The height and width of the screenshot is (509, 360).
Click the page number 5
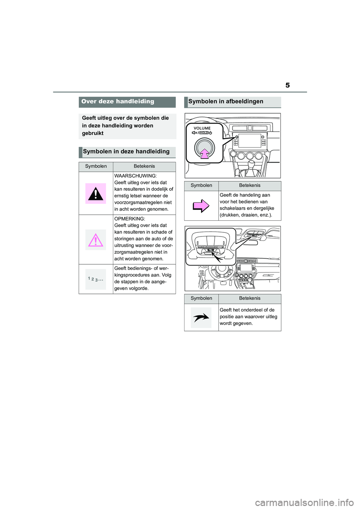pyautogui.click(x=287, y=85)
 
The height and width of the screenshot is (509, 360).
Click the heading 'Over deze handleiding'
pyautogui.click(x=118, y=102)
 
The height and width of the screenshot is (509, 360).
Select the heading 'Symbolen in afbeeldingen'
pyautogui.click(x=226, y=102)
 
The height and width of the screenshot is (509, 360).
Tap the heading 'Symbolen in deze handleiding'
pyautogui.click(x=126, y=152)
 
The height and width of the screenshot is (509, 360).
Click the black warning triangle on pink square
pyautogui.click(x=96, y=193)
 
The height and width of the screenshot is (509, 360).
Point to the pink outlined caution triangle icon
pyautogui.click(x=96, y=240)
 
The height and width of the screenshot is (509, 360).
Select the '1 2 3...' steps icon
pyautogui.click(x=96, y=279)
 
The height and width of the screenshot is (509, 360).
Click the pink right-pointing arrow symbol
pyautogui.click(x=201, y=206)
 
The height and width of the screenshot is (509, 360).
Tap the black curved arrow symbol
pyautogui.click(x=201, y=318)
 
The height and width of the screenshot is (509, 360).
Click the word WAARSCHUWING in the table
pyautogui.click(x=135, y=176)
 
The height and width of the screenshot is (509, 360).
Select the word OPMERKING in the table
pyautogui.click(x=129, y=219)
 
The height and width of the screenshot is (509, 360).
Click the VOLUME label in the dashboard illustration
pyautogui.click(x=202, y=128)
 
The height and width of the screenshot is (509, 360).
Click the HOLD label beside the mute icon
pyautogui.click(x=204, y=133)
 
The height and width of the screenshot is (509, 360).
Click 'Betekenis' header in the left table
pyautogui.click(x=144, y=166)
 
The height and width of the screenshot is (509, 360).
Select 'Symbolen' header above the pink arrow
pyautogui.click(x=201, y=186)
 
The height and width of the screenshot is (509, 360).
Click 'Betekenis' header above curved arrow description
pyautogui.click(x=249, y=298)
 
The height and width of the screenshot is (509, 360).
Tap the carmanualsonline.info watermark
pyautogui.click(x=304, y=502)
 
